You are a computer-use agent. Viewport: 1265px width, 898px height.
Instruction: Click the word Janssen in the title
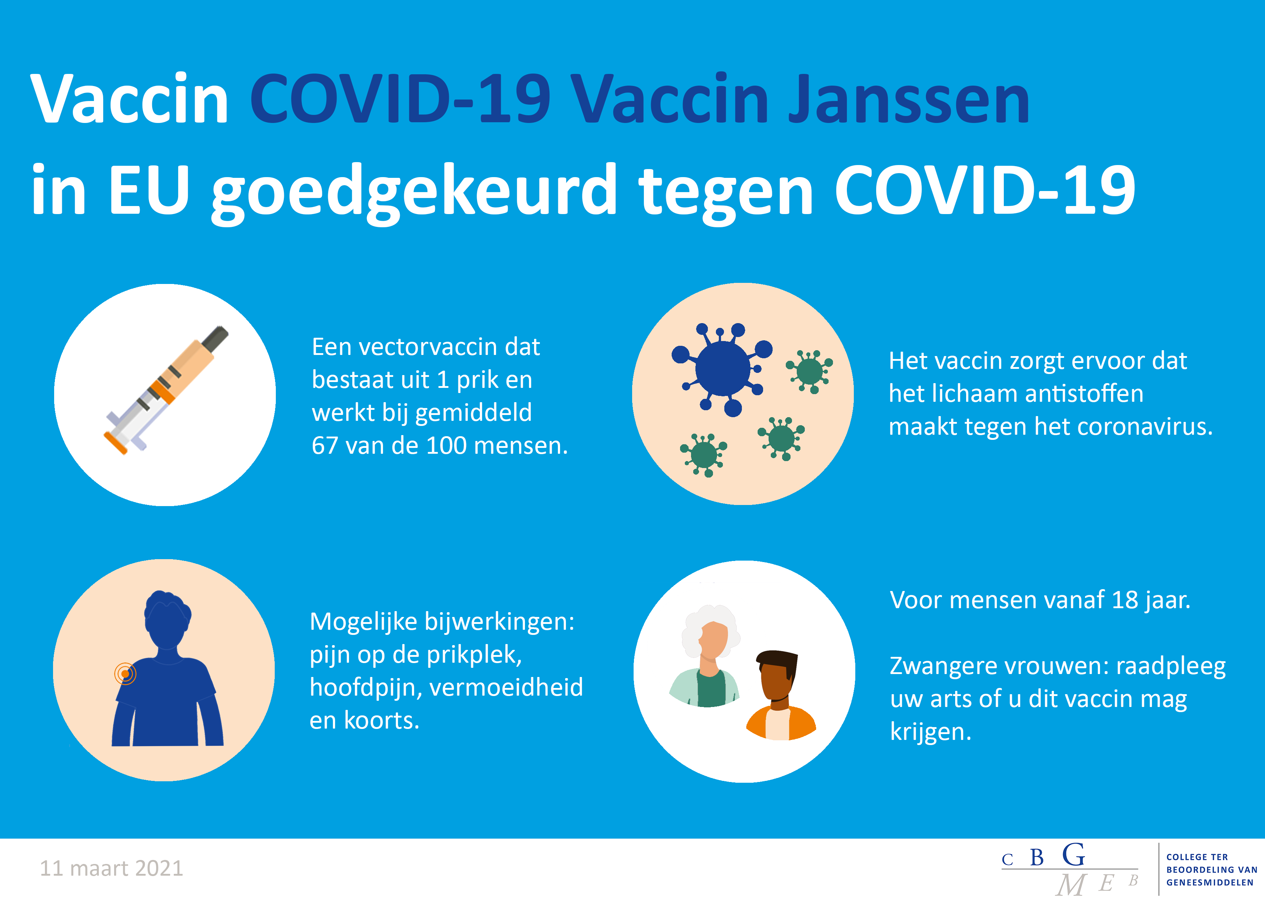(909, 100)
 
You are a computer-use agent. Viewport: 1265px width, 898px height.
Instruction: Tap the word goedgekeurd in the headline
(414, 194)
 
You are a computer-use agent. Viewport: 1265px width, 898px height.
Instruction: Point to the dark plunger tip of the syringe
(215, 338)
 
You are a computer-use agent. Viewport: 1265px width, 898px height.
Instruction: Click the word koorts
(381, 721)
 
